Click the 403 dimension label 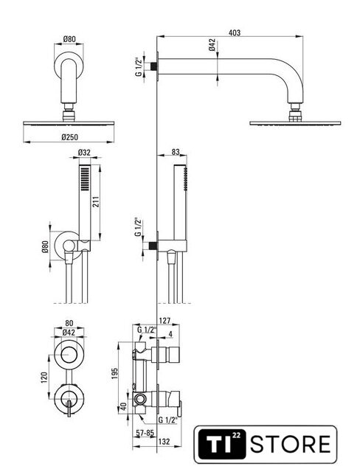coord(235,32)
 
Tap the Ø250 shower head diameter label coord(69,137)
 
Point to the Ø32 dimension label coord(84,153)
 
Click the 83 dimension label coord(176,152)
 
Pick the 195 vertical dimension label coord(115,373)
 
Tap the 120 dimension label coord(44,378)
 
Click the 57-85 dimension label coord(145,433)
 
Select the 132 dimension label coord(164,442)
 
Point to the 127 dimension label coord(165,321)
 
